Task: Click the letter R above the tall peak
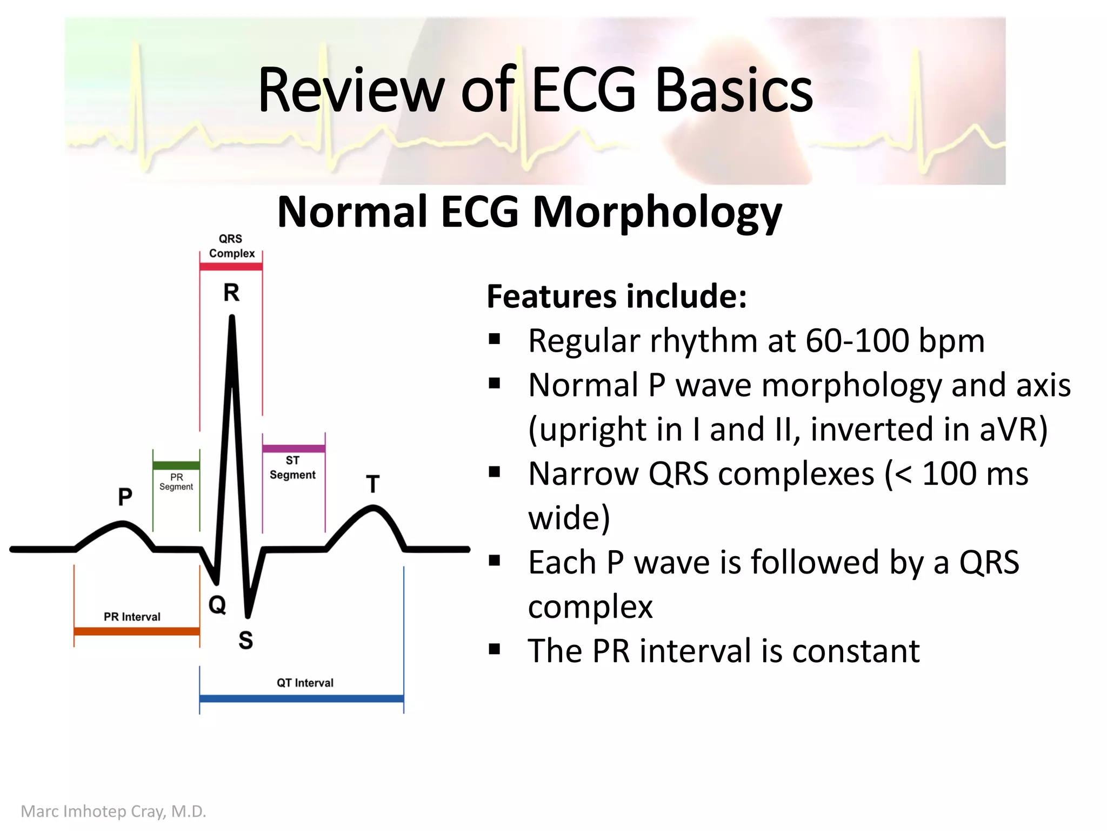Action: click(x=231, y=293)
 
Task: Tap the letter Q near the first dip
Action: click(x=217, y=604)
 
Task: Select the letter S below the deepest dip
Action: click(x=246, y=641)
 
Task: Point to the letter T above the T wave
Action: click(x=373, y=484)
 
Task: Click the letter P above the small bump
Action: click(x=125, y=497)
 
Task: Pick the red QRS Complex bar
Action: click(x=231, y=266)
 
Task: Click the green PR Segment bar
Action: click(x=176, y=465)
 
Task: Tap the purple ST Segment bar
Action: click(x=294, y=449)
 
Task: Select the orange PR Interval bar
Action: click(x=137, y=631)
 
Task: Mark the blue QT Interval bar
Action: click(x=302, y=698)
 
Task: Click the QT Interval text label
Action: click(x=305, y=683)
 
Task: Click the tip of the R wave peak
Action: click(x=232, y=319)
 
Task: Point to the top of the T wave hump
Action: click(x=373, y=507)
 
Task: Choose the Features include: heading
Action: click(x=617, y=296)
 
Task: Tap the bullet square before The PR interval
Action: click(x=494, y=649)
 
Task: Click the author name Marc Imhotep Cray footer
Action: click(x=114, y=812)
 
